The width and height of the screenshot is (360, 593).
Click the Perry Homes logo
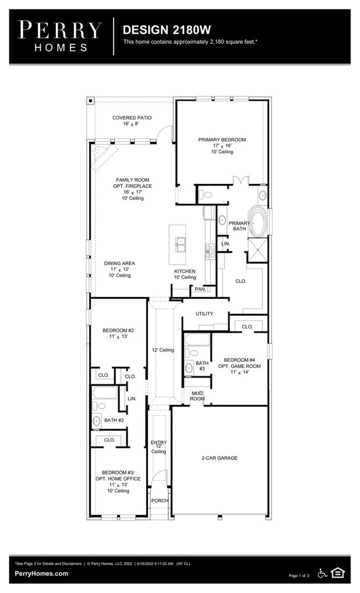60,37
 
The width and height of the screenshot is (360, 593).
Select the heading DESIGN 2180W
167,30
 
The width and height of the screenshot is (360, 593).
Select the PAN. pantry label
200,289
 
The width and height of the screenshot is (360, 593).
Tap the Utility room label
204,313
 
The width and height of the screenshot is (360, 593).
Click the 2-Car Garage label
219,458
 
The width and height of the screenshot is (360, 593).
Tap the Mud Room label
197,396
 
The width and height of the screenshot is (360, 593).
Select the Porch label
160,501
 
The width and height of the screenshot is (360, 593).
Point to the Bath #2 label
114,420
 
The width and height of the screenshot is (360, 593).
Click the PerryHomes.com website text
42,573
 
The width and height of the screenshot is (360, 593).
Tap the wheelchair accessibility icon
322,573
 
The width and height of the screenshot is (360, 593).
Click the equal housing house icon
338,573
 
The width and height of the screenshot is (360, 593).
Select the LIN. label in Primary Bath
225,244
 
